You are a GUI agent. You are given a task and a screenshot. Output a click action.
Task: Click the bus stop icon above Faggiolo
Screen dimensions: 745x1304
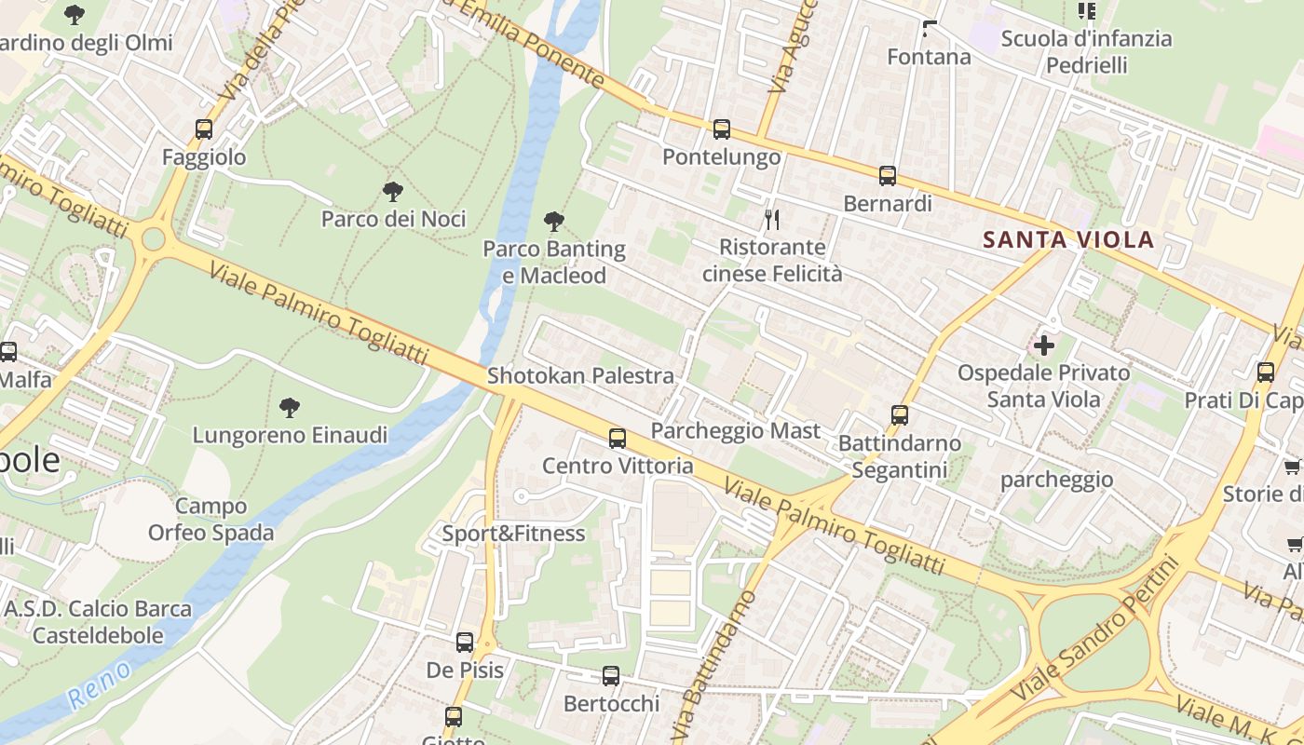[x=203, y=129]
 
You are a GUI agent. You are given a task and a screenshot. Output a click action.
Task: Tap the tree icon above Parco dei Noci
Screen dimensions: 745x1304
[x=393, y=192]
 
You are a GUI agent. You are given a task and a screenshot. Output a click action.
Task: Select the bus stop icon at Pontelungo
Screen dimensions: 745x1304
[x=721, y=129]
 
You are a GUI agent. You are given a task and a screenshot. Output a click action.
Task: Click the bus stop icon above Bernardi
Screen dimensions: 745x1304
[x=887, y=175]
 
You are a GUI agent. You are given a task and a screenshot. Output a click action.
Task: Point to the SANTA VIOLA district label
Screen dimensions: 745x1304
[x=1068, y=239]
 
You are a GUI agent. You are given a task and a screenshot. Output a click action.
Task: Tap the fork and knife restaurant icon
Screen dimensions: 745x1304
[x=771, y=220]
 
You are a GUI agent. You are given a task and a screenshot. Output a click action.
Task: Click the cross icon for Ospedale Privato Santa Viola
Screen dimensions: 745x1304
[x=1043, y=345]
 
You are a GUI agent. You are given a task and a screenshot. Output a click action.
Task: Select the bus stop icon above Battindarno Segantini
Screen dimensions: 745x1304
[x=899, y=415]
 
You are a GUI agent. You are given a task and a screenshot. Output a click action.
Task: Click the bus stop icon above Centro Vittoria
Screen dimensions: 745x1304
[x=617, y=438]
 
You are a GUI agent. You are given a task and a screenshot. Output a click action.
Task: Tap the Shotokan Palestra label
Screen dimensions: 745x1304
[x=580, y=375]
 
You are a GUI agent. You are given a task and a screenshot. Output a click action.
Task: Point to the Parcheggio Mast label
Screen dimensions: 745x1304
[x=735, y=430]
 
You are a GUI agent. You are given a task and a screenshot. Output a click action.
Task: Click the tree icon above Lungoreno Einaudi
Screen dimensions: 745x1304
[x=289, y=407]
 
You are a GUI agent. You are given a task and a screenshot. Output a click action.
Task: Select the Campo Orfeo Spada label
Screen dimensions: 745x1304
[x=211, y=520]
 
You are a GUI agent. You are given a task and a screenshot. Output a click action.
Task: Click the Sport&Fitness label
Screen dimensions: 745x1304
[x=513, y=533]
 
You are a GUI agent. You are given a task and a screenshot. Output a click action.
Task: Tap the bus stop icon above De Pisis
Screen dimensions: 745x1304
[x=464, y=642]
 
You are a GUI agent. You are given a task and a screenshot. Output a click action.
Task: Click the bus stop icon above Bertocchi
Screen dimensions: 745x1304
[x=610, y=676]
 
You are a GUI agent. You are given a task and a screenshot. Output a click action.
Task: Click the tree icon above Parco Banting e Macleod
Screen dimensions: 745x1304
[x=553, y=222]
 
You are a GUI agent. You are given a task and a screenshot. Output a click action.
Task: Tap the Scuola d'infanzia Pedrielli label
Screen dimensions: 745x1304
[x=1086, y=51]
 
